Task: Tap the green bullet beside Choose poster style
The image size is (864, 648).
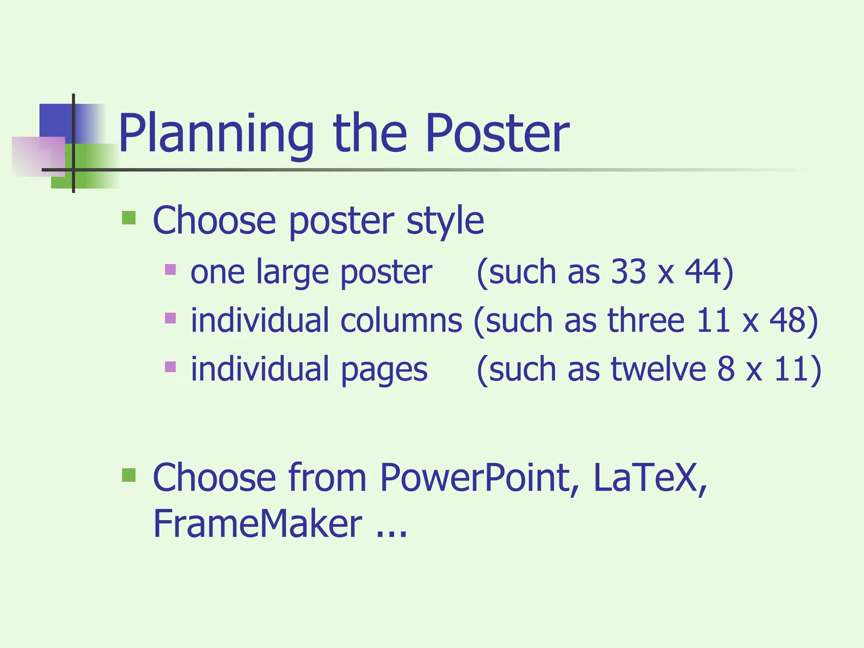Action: click(x=129, y=218)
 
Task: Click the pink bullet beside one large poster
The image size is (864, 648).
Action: click(x=170, y=269)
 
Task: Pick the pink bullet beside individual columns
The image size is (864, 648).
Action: click(x=170, y=318)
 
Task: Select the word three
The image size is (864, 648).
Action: click(x=646, y=320)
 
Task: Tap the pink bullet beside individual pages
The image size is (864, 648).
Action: click(x=170, y=366)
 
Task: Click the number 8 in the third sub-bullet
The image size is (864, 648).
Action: click(x=726, y=369)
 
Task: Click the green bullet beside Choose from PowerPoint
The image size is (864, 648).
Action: click(x=129, y=475)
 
